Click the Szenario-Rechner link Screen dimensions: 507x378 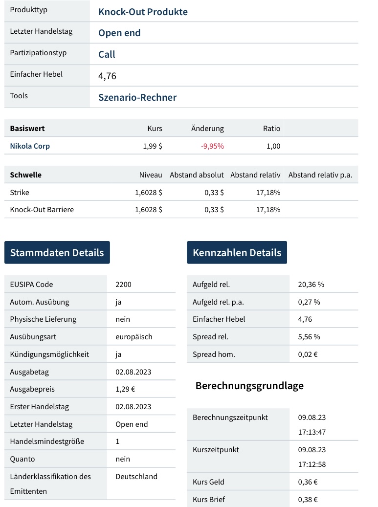(137, 97)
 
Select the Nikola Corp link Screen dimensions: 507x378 (30, 146)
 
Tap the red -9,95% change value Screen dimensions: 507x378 (212, 146)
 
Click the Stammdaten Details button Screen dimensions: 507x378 (57, 253)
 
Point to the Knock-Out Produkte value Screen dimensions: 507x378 (143, 12)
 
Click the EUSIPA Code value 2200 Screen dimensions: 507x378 (123, 285)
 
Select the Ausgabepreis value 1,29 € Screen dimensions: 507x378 (125, 390)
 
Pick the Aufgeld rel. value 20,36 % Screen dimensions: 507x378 (311, 285)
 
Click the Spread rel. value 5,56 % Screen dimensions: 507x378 (309, 337)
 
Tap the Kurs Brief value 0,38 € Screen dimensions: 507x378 (308, 500)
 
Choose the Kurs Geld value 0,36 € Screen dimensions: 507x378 (308, 482)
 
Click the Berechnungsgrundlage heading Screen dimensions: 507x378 (249, 386)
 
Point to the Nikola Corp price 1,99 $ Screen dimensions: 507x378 (153, 146)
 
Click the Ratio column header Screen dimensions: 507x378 (271, 129)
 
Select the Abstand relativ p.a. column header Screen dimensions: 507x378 (320, 175)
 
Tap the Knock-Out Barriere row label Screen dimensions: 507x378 (42, 210)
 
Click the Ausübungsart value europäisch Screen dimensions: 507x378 (134, 337)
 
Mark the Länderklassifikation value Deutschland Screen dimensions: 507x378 (136, 477)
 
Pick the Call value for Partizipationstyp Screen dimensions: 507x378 (107, 54)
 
